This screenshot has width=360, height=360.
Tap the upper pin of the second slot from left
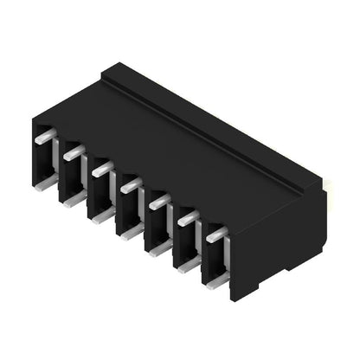coord(74,152)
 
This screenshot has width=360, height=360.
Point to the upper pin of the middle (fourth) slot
coord(130,184)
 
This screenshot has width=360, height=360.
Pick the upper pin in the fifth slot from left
coord(158,202)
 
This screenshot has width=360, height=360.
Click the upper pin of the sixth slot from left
coord(187,218)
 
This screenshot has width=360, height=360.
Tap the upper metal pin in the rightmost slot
coord(215,234)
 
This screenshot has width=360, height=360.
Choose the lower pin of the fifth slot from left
coord(158,247)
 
